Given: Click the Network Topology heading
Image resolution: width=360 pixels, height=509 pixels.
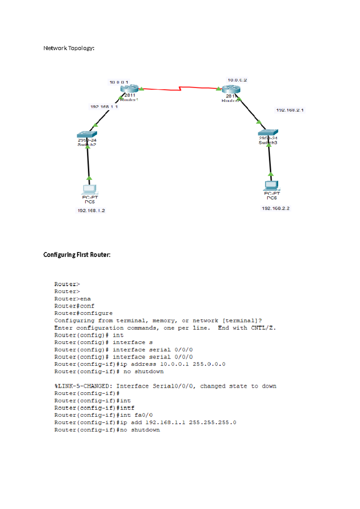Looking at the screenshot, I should pos(69,48).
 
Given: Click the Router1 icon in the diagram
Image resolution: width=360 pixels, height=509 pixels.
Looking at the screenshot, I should pos(129,89).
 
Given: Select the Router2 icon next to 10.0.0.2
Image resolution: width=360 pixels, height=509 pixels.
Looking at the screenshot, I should pos(231,89).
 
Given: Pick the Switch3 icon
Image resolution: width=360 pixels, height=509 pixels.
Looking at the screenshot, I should pos(268,132).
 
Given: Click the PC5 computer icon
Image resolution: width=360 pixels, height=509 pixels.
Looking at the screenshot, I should pos(89,189).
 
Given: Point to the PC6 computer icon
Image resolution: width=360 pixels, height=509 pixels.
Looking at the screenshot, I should pos(271,185).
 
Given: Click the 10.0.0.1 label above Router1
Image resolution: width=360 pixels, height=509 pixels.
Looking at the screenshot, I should pos(119,82).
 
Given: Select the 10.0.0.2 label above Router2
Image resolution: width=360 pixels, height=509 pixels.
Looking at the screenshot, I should pos(237,80).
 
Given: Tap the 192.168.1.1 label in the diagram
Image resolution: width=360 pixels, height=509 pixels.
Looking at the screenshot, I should pos(104,107).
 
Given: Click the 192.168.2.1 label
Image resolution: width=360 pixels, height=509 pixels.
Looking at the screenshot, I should pos(290,110).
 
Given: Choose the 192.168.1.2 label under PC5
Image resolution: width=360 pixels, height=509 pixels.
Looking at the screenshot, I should pos(91,210).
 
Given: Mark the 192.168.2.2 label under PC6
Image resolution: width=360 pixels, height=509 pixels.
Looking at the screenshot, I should pos(275,208).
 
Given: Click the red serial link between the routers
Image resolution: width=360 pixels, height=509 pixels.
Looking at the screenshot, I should pos(180,88).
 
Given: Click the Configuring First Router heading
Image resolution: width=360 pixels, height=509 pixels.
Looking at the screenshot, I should pos(77,255).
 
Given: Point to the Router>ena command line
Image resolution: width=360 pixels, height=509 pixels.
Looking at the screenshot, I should pos(73,299).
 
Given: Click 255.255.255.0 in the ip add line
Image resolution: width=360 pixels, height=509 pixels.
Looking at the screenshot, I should pos(212,422).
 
